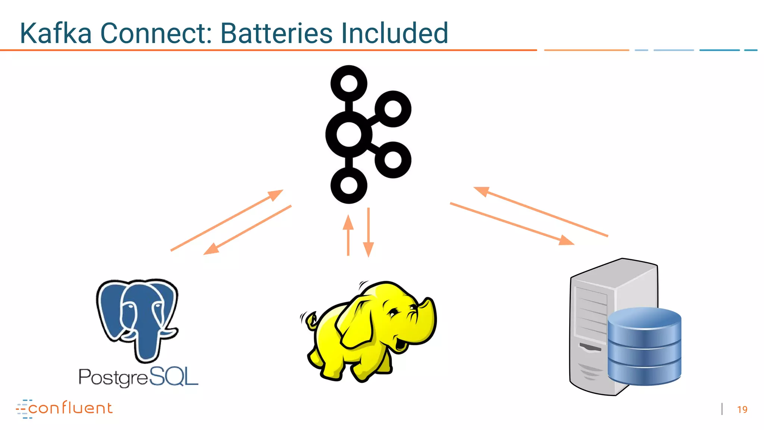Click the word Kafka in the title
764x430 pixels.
pos(56,33)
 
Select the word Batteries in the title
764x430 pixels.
pos(276,33)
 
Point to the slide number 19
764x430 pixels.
pos(742,409)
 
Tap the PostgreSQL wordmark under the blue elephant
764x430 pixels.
pos(138,377)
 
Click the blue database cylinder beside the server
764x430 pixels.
pos(644,347)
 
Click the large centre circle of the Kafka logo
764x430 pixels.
pos(349,134)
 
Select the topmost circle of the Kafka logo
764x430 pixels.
pos(349,83)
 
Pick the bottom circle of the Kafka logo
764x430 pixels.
pos(349,186)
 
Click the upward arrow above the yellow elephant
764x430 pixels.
pos(348,235)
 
